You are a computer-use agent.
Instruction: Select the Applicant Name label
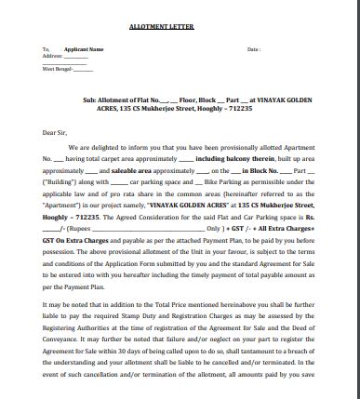pyautogui.click(x=84, y=48)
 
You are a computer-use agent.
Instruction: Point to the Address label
pyautogui.click(x=52, y=56)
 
